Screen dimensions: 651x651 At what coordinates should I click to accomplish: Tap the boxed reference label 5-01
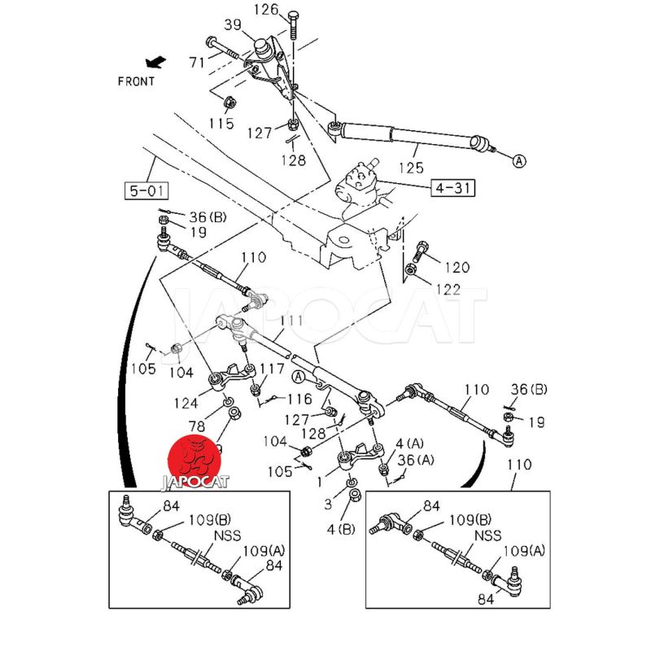[x=146, y=192]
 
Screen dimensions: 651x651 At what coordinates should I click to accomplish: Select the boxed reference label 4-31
[x=453, y=189]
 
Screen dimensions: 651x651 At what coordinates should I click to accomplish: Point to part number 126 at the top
[x=266, y=11]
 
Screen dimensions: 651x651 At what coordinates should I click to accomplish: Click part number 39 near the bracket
[x=232, y=26]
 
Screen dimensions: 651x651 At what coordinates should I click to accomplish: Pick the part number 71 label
[x=196, y=61]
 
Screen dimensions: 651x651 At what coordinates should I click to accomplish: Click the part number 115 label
[x=221, y=124]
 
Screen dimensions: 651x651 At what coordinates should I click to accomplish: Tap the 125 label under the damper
[x=411, y=168]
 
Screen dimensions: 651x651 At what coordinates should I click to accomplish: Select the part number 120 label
[x=457, y=267]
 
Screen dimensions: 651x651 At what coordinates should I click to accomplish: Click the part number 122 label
[x=448, y=290]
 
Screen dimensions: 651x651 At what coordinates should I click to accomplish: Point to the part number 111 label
[x=291, y=320]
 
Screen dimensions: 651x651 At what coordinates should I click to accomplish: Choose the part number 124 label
[x=186, y=403]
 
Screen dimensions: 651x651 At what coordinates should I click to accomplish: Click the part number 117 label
[x=272, y=369]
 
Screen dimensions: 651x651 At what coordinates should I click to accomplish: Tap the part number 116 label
[x=299, y=399]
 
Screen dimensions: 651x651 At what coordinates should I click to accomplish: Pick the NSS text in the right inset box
[x=488, y=536]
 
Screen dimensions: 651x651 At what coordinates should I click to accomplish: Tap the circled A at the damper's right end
[x=518, y=161]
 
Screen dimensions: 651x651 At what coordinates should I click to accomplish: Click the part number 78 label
[x=198, y=426]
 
